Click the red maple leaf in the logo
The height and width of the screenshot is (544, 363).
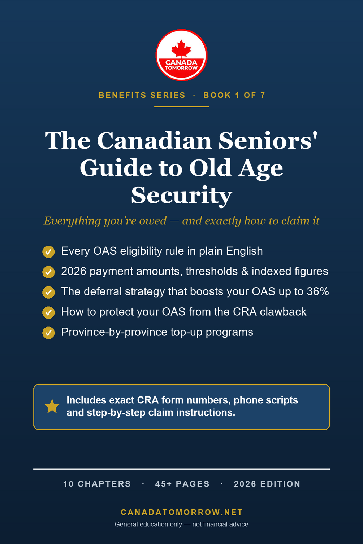tap(181, 49)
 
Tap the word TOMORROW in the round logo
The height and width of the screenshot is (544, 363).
tap(181, 68)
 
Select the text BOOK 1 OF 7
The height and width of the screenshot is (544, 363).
tap(234, 95)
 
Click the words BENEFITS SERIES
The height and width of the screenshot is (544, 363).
tap(142, 95)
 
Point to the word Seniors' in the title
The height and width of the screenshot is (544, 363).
tap(268, 141)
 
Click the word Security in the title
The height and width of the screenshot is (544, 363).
tap(182, 196)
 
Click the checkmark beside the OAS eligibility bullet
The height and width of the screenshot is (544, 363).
tap(49, 251)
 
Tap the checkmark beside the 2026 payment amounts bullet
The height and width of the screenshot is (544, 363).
tap(49, 272)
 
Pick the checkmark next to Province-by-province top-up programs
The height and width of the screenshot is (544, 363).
tap(49, 333)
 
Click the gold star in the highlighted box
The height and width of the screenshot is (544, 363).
tap(52, 407)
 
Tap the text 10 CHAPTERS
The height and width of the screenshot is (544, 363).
tap(97, 484)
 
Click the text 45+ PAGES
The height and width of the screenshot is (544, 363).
tap(182, 484)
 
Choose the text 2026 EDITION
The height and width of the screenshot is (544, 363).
tap(267, 484)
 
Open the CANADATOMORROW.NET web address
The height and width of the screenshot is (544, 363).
tap(182, 512)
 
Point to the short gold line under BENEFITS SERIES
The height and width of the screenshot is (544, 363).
tap(182, 106)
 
